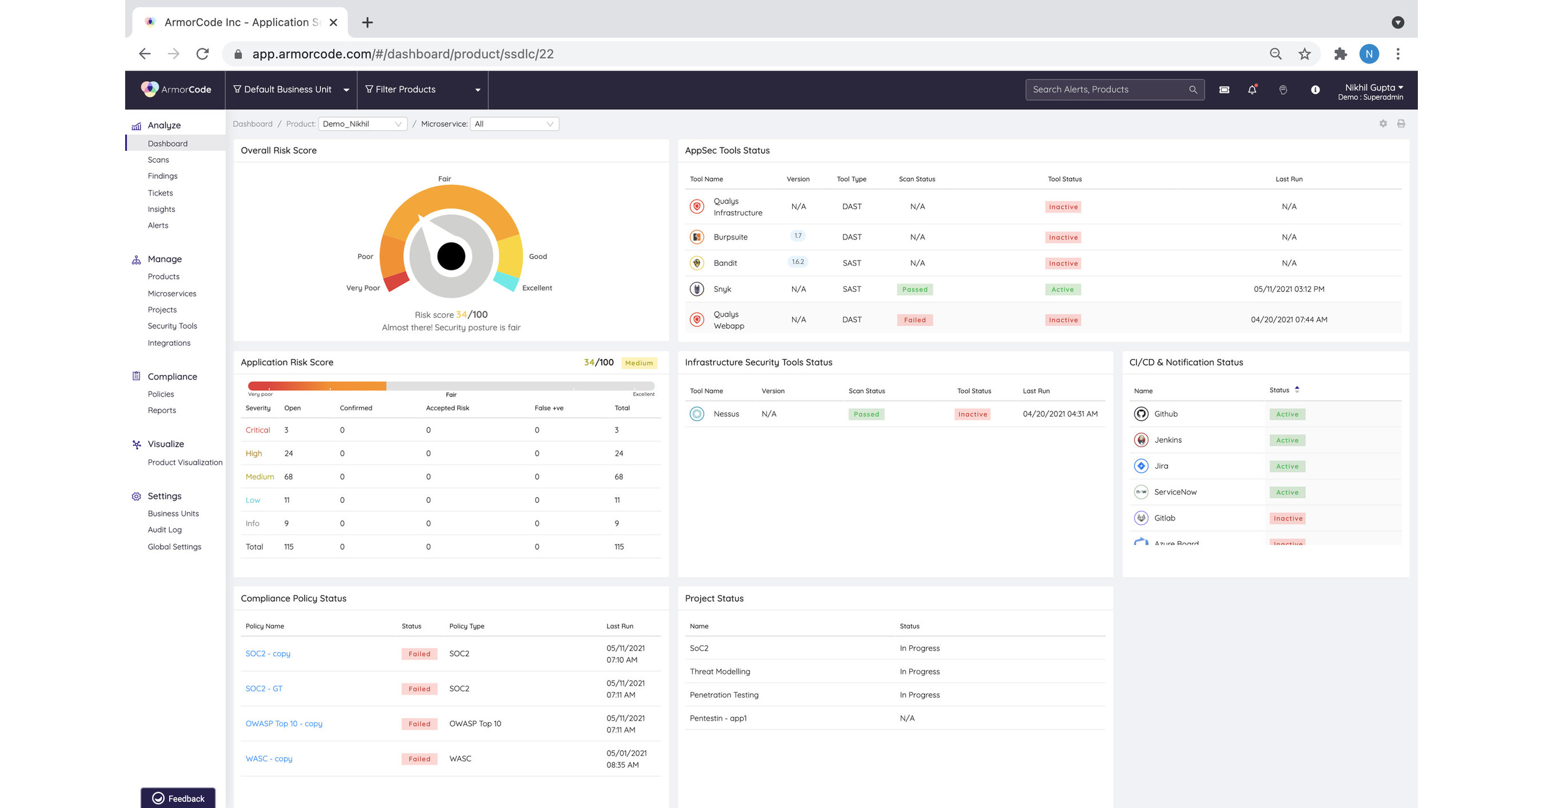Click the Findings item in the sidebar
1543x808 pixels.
click(162, 176)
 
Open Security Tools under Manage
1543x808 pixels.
click(172, 326)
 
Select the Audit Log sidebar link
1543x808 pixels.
click(164, 530)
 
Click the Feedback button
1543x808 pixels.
click(178, 798)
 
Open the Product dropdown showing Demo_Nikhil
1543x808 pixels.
click(362, 124)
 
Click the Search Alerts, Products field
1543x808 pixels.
click(1108, 89)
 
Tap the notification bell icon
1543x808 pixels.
click(1252, 90)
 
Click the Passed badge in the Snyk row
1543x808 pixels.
click(915, 289)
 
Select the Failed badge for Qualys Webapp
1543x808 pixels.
click(915, 320)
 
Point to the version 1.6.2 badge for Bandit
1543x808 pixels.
click(797, 262)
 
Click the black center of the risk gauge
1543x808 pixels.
click(451, 257)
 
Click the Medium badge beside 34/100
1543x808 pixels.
click(638, 363)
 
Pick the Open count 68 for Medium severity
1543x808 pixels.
click(288, 477)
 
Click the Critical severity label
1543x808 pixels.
click(258, 430)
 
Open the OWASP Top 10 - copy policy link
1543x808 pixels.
click(283, 723)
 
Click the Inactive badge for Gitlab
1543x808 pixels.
click(1287, 518)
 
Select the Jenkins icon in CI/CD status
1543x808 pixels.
click(1141, 439)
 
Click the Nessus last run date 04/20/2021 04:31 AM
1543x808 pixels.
click(1060, 414)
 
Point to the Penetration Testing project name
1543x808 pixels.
click(723, 695)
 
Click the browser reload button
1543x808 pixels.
click(202, 54)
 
